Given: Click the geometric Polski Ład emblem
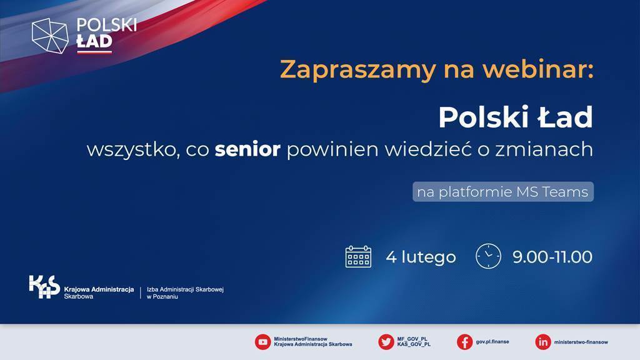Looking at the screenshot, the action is point(50,36).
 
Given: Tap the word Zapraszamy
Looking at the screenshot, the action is point(358,70).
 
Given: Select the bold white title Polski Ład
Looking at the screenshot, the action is point(516,117).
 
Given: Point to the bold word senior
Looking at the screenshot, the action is point(247,149).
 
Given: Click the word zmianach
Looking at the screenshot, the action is point(544,149).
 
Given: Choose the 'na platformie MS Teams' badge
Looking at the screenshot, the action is point(503,192).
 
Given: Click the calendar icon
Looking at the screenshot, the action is point(358,257).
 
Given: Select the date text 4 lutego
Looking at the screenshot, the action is point(421,257).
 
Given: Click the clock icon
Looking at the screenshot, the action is point(488,256).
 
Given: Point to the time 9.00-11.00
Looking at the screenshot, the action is point(552,257).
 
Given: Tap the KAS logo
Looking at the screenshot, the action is point(44,287).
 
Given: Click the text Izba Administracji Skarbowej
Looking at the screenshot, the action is point(185,289).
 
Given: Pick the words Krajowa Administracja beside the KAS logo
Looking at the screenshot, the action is point(99,289).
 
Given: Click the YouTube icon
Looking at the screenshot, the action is point(263,342).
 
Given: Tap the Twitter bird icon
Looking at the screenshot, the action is point(386,342).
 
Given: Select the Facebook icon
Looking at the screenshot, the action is point(464,342).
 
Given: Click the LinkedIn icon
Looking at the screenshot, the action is point(543,342).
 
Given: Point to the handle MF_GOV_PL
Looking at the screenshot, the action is point(412,339).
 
